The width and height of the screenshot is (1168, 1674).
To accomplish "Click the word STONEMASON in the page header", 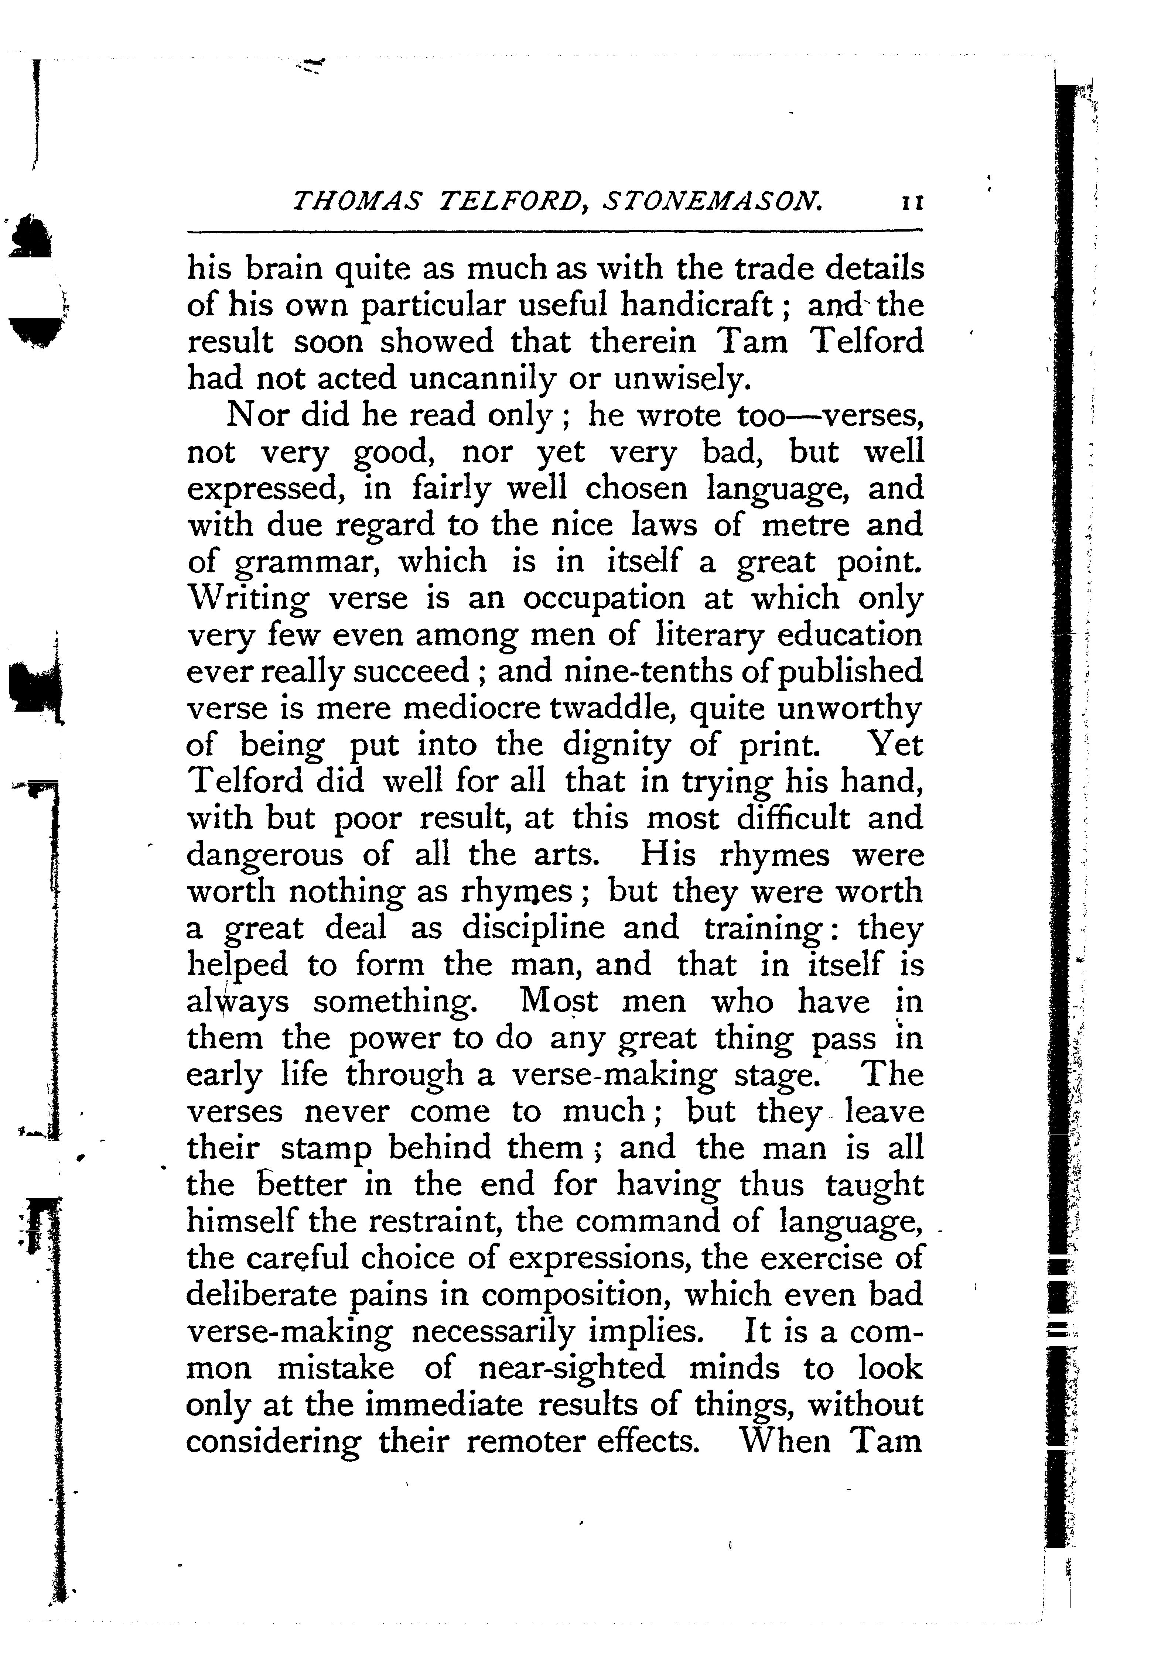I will (712, 201).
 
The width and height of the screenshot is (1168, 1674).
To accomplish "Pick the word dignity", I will (616, 746).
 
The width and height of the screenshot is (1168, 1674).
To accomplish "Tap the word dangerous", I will (264, 856).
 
